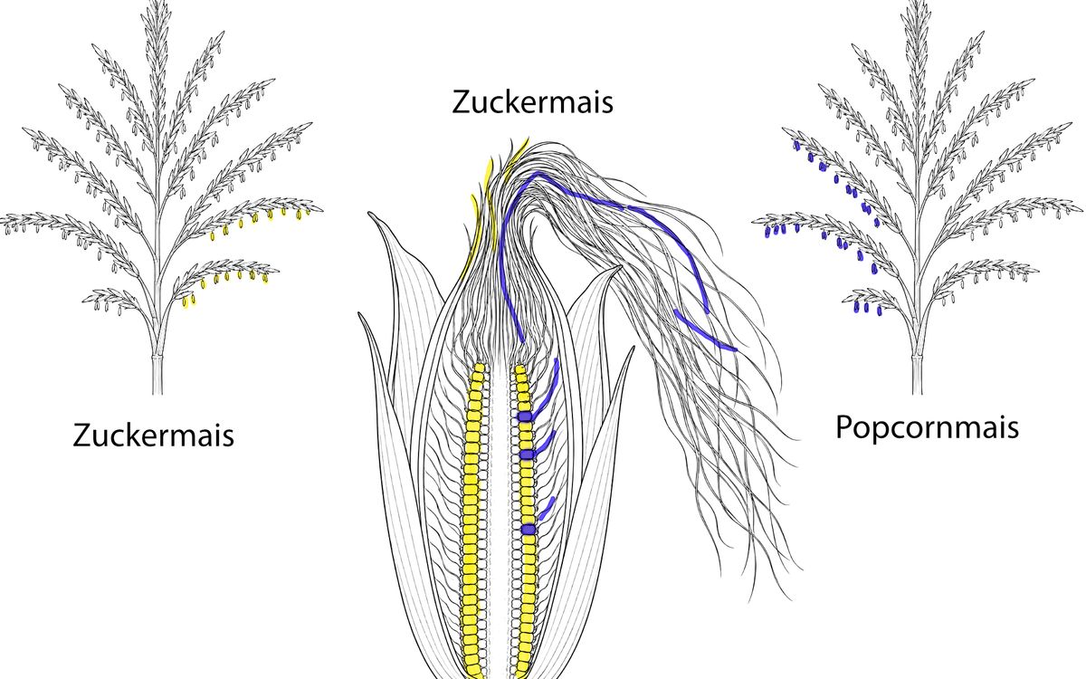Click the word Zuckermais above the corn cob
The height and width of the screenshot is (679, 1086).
532,102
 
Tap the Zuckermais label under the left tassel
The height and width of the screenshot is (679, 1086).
153,435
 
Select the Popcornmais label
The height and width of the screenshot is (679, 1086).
927,427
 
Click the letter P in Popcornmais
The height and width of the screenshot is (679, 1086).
844,426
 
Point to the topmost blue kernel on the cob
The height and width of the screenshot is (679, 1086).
525,416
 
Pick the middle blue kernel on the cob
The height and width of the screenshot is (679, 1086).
527,454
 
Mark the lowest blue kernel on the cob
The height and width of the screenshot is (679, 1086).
529,529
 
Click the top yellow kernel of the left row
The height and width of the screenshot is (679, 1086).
479,368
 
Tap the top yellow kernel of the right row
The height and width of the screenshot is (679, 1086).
519,370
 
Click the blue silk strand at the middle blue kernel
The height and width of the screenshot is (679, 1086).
545,443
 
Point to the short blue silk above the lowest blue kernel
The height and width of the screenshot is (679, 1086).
547,508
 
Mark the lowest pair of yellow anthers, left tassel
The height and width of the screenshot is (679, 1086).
188,301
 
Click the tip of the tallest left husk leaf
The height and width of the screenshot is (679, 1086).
368,213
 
